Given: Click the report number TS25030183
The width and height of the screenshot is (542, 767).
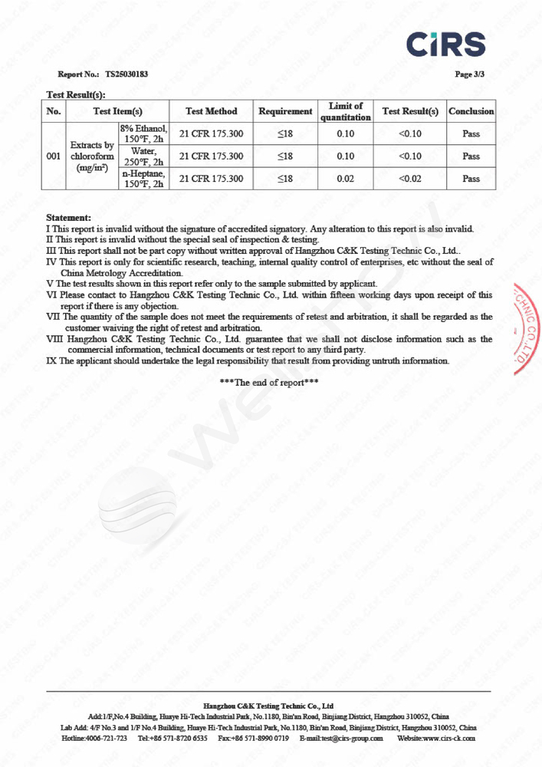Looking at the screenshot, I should (x=126, y=75).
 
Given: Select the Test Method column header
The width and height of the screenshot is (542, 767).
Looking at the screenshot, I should (x=212, y=111).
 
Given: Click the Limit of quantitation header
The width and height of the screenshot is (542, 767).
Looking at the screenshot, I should (x=346, y=111).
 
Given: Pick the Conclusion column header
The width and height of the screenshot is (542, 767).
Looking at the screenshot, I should (x=471, y=111).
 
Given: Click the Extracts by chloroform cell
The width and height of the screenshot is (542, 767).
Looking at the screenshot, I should (x=92, y=156).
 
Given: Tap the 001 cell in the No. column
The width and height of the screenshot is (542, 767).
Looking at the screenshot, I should (x=54, y=156).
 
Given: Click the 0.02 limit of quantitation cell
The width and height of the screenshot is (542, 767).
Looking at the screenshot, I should (x=346, y=179).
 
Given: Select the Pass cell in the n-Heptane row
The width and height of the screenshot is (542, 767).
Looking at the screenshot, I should (x=471, y=179).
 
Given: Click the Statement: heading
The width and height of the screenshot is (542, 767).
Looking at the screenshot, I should (x=68, y=219).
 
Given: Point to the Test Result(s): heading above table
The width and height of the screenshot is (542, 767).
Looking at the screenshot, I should (x=76, y=94).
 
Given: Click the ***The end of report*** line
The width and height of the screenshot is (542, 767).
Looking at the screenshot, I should (x=269, y=382).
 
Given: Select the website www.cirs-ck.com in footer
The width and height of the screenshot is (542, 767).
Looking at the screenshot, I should (x=448, y=738).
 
